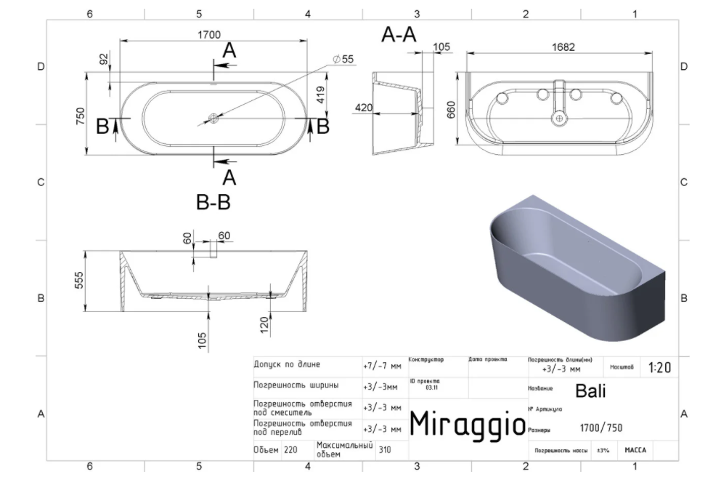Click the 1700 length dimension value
tap(208, 34)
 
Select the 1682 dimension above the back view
tap(563, 47)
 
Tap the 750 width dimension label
tap(81, 116)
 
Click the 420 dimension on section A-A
tap(363, 108)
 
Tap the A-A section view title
tap(399, 34)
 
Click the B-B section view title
tap(213, 203)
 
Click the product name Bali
tap(590, 390)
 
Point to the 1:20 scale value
tap(659, 368)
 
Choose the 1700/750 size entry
tap(601, 427)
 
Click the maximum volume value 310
tap(385, 450)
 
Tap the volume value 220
tap(290, 450)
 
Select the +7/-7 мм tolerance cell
tap(381, 365)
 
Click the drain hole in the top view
tap(213, 117)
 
